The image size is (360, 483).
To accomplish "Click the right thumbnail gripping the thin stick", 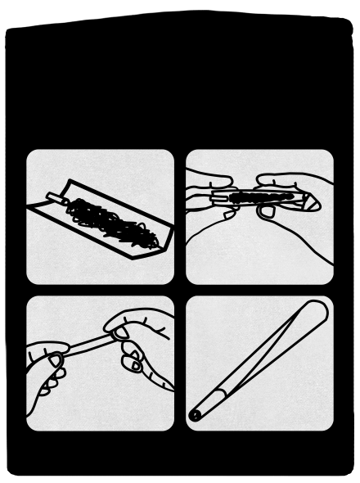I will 119,331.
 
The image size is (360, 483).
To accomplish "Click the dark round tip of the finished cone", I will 196,414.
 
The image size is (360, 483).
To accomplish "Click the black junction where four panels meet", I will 180,290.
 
